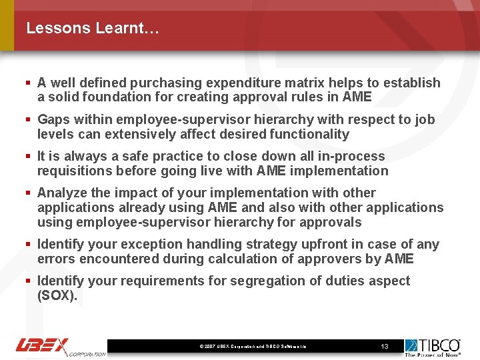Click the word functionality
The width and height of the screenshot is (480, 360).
[309, 134]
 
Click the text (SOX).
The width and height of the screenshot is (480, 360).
[57, 295]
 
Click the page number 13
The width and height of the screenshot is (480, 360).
[384, 347]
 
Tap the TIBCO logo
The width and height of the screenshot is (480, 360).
[433, 347]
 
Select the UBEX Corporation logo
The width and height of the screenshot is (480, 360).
[60, 347]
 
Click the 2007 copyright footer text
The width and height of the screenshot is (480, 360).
[253, 347]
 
